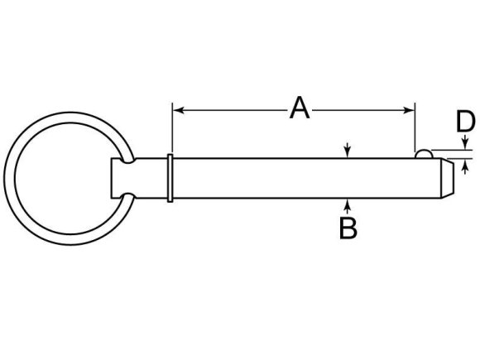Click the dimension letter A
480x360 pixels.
[299, 108]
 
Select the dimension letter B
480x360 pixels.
[348, 228]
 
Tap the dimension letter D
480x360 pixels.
[465, 123]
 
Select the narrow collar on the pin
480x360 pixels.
[170, 176]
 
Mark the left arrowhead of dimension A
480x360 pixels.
[176, 108]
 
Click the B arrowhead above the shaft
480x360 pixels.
[348, 151]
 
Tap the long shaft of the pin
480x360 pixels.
[298, 176]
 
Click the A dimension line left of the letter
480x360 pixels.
[232, 108]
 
